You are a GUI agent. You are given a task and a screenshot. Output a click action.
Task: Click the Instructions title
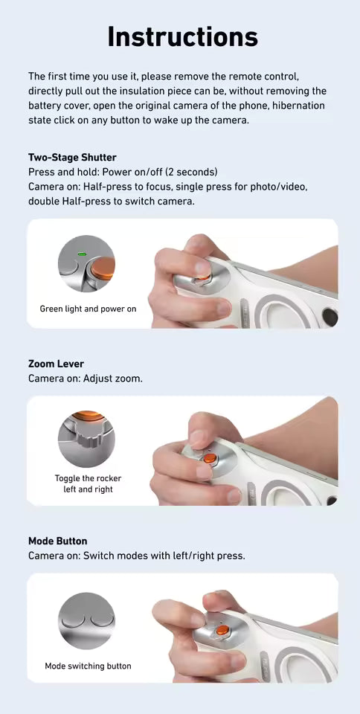pos(182,36)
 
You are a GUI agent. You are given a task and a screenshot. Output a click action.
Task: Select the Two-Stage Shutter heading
pos(72,158)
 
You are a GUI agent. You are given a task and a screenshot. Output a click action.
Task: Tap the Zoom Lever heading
pos(56,364)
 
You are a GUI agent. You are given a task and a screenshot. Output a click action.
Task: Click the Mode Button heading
pos(57,541)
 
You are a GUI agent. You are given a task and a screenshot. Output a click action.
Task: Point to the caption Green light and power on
pos(88,308)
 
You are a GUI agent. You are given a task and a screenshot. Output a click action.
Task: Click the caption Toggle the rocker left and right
pos(88,483)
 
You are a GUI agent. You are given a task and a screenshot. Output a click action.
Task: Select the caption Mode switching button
pos(88,666)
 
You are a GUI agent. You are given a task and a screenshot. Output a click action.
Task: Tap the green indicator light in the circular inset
pos(82,254)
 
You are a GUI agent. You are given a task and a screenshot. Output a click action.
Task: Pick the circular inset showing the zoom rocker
pos(86,439)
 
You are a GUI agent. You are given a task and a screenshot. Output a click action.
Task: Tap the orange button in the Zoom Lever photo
pos(210,458)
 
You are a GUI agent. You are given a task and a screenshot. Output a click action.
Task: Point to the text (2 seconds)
pos(192,172)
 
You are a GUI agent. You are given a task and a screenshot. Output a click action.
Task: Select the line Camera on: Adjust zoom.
pos(85,379)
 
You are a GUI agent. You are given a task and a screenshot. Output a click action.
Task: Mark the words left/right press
pos(209,556)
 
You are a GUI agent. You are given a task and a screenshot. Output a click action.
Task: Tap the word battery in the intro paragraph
pos(46,106)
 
